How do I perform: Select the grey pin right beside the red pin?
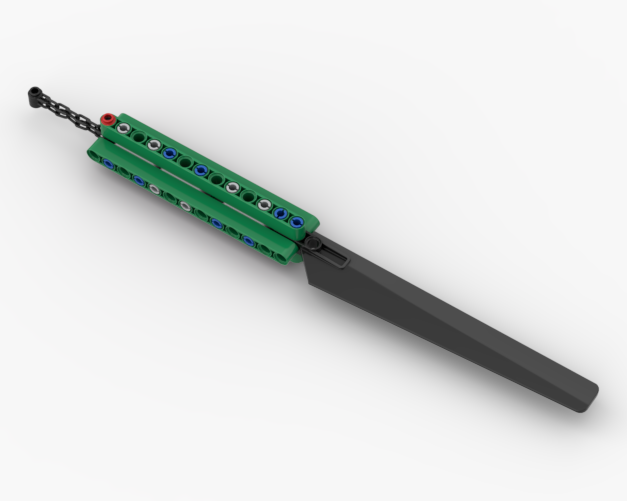click(x=123, y=129)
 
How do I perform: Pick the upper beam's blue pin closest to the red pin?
click(x=170, y=153)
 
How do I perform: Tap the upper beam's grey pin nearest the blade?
click(x=265, y=204)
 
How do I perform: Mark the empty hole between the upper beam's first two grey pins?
click(x=139, y=137)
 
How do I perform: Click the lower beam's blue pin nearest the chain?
click(x=108, y=163)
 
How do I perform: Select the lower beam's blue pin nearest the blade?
click(x=247, y=240)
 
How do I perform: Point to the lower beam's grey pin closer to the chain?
click(x=155, y=189)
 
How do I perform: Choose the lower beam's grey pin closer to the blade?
click(x=186, y=207)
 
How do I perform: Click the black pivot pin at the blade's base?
click(x=312, y=244)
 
